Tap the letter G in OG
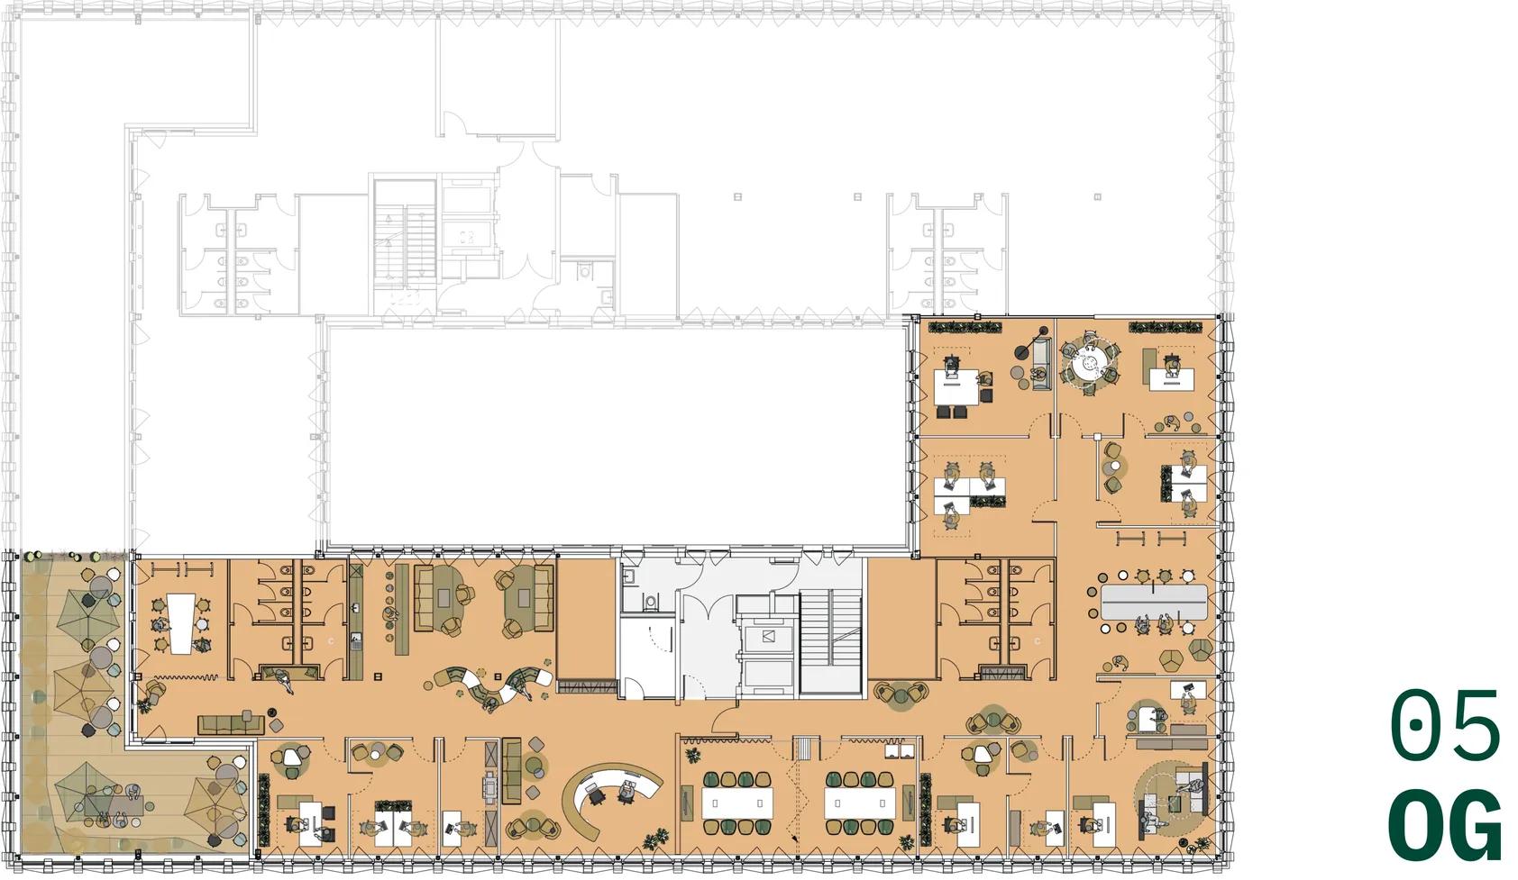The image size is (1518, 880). point(1476,824)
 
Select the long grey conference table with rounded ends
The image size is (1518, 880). point(1154,602)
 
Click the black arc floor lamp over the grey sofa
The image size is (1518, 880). point(1030,343)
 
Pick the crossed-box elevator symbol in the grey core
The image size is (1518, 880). point(767,636)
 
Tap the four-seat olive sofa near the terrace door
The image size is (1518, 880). point(231,725)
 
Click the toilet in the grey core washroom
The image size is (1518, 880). point(651,602)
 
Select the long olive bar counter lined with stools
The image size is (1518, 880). point(402,609)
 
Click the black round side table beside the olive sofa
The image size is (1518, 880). point(272,712)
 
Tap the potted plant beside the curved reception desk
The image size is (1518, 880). point(654,840)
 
